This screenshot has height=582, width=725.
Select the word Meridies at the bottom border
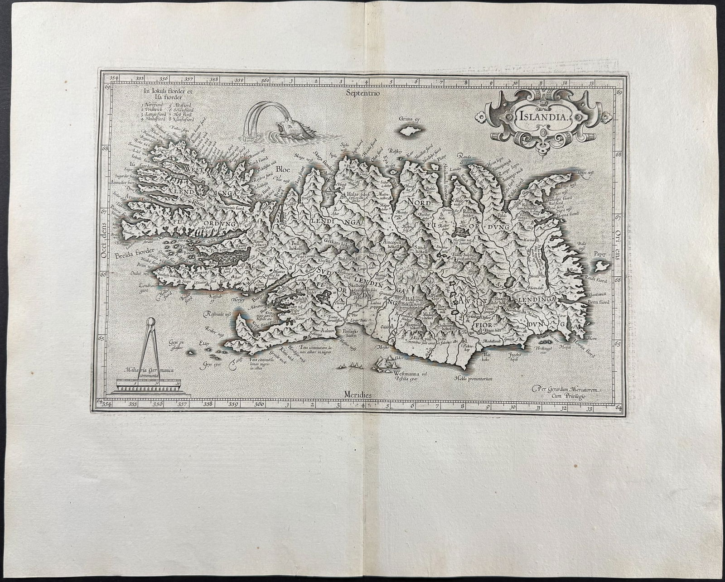click(x=358, y=394)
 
